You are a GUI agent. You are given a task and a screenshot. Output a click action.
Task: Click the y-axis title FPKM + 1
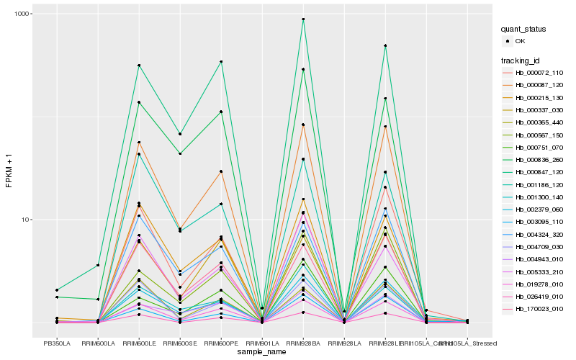(x=9, y=171)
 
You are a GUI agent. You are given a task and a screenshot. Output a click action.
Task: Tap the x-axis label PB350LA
(x=57, y=343)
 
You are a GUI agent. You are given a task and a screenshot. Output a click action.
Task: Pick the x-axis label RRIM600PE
(x=221, y=343)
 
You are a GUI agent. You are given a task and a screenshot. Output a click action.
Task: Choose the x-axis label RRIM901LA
(x=262, y=343)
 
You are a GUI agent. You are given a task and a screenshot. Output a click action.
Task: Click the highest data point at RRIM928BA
(x=303, y=19)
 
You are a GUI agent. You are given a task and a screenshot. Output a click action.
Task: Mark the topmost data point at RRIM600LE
(x=139, y=66)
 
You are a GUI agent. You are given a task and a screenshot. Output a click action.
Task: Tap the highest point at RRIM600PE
(x=221, y=62)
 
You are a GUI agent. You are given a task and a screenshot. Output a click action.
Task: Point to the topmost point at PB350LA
(x=57, y=290)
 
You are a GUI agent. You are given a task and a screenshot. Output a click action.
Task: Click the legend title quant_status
(x=525, y=29)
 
